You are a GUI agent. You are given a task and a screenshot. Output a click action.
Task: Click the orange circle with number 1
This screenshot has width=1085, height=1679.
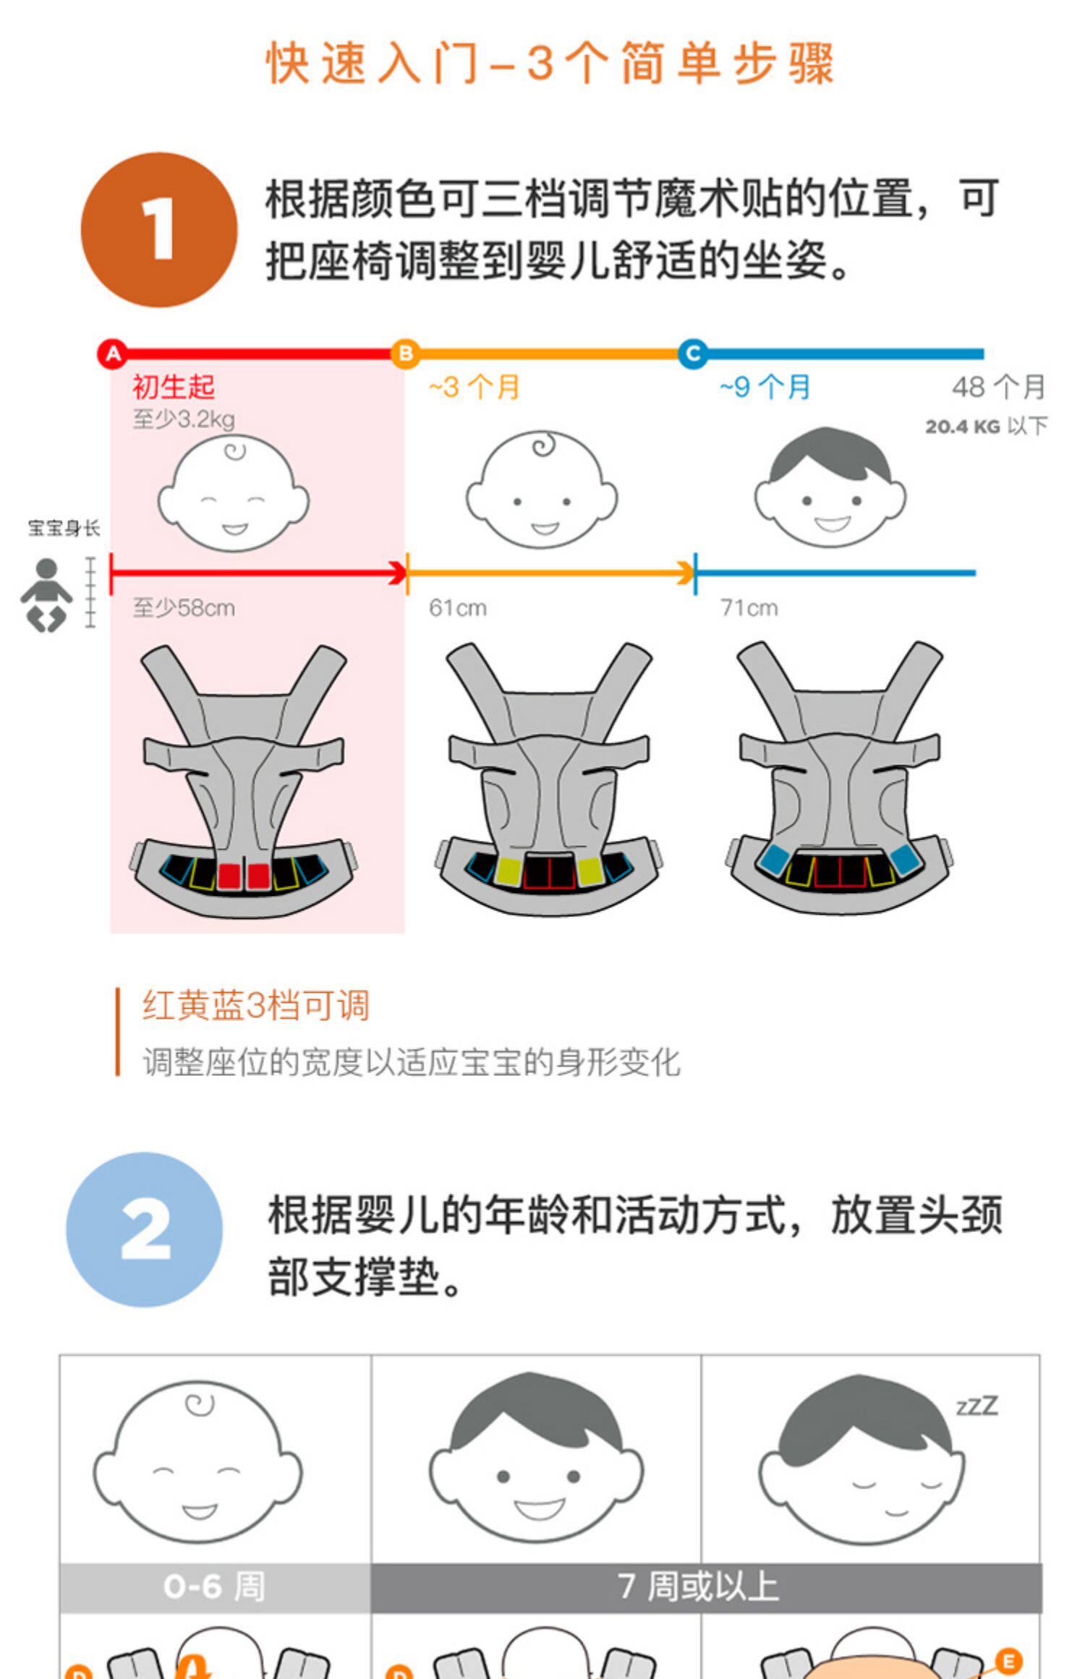tap(159, 230)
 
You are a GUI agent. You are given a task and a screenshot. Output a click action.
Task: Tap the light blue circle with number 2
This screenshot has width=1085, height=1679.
tap(145, 1229)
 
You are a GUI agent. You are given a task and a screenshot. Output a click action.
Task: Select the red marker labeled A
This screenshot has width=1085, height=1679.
tap(113, 354)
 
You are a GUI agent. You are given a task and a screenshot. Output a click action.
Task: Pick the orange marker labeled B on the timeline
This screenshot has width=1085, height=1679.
tap(405, 354)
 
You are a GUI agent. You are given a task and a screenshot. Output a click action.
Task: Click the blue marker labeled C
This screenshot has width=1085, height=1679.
tap(693, 354)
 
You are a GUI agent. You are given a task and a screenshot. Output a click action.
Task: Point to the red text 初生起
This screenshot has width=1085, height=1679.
tap(174, 387)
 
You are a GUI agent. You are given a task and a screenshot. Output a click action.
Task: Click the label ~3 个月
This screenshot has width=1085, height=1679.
tap(474, 388)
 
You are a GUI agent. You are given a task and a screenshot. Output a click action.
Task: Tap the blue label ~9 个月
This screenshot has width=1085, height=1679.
tap(765, 388)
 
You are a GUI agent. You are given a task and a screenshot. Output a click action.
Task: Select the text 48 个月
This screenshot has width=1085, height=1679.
tap(999, 388)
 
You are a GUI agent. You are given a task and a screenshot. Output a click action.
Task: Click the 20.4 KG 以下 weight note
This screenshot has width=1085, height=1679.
tap(986, 427)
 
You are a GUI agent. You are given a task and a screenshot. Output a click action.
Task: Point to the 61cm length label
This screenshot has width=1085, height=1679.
tap(458, 608)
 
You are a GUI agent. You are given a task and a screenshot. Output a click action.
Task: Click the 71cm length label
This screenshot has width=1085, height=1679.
tap(749, 608)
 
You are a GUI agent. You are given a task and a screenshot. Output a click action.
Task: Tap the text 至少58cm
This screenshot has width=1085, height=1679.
tap(184, 608)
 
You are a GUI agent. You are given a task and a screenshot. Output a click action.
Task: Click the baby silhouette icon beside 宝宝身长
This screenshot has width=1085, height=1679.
tap(46, 595)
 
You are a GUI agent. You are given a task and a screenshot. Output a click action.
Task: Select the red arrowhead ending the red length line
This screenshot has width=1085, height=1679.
tap(398, 573)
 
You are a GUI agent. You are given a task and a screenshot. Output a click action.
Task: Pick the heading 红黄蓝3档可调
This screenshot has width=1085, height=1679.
tap(256, 1006)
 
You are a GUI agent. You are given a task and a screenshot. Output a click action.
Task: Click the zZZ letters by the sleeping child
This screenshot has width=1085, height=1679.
tap(977, 1406)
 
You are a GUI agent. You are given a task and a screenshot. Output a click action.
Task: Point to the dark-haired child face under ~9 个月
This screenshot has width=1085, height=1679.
tap(830, 487)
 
